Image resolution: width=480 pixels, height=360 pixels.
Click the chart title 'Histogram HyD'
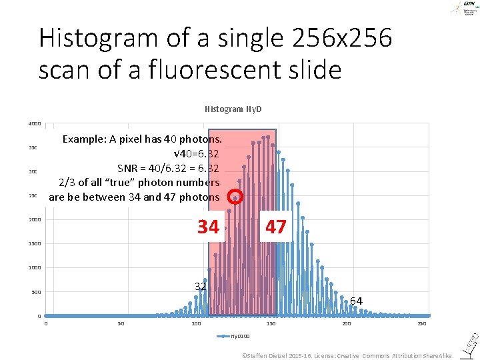click(x=233, y=109)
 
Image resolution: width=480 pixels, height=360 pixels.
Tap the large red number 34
click(x=208, y=227)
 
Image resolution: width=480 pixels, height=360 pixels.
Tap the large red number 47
click(x=275, y=227)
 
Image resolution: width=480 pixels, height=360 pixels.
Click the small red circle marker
click(x=235, y=197)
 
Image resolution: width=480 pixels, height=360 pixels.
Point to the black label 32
click(x=200, y=286)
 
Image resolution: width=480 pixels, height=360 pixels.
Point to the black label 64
click(x=356, y=301)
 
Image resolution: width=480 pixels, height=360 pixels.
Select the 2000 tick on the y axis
click(x=35, y=220)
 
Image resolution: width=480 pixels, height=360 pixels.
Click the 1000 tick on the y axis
click(x=35, y=268)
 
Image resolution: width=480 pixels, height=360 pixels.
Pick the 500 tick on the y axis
click(x=36, y=292)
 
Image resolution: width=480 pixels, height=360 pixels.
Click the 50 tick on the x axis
click(x=121, y=324)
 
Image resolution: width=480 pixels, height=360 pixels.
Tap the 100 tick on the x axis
click(x=196, y=324)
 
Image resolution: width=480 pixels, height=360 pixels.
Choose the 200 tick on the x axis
click(x=347, y=324)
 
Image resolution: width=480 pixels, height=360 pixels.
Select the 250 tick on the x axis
click(x=421, y=324)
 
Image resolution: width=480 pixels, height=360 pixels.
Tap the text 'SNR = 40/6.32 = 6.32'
click(x=168, y=167)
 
